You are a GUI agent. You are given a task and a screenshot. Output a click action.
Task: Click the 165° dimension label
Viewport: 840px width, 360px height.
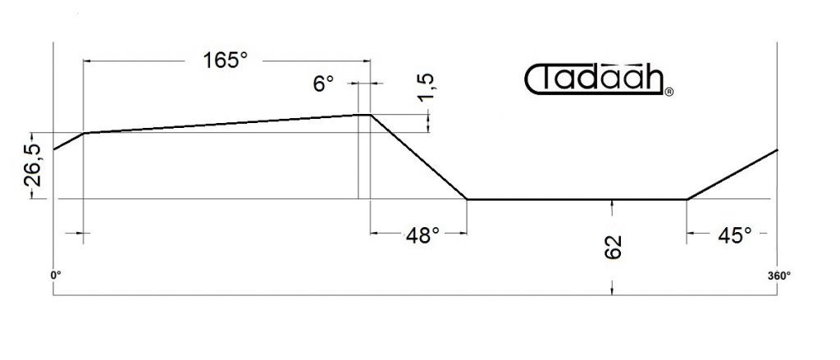(x=225, y=61)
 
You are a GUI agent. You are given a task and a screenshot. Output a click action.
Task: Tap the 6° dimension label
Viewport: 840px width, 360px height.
(x=323, y=84)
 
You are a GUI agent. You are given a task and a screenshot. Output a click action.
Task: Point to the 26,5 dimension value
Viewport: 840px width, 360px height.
(x=33, y=166)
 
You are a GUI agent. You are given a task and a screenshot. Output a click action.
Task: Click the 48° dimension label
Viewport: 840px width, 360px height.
(x=422, y=235)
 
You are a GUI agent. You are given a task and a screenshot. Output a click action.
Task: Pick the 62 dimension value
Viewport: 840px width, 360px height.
(x=614, y=247)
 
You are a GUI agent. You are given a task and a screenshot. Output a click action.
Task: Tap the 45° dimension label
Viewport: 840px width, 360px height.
(x=734, y=235)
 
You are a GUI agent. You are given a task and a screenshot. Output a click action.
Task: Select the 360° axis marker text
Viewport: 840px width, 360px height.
(x=779, y=276)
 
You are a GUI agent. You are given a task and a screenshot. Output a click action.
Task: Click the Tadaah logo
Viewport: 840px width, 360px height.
(x=595, y=80)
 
